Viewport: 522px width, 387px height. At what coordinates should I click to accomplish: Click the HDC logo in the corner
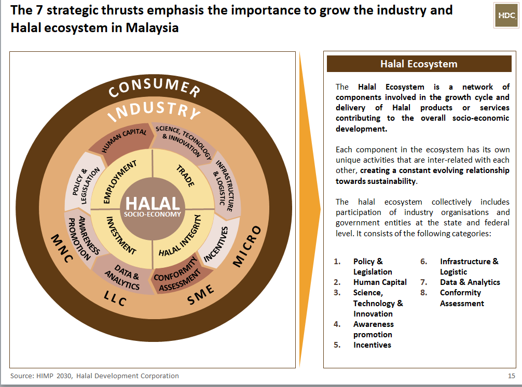(506, 16)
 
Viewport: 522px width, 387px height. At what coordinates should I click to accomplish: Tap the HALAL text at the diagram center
(153, 203)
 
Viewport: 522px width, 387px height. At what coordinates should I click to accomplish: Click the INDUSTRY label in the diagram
(154, 111)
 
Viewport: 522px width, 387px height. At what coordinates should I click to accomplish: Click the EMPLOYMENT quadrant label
(119, 181)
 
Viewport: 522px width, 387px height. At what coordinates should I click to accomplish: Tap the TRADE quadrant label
(185, 176)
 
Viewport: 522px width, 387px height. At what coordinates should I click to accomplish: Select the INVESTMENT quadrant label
(121, 235)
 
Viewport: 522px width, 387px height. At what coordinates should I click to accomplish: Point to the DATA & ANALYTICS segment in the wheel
(122, 277)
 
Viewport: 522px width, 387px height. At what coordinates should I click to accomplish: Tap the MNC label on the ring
(62, 248)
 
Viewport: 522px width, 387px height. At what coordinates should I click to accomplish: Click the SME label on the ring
(200, 294)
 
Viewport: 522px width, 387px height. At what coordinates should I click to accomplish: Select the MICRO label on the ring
(246, 246)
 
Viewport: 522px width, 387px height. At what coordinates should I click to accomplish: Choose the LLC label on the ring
(115, 298)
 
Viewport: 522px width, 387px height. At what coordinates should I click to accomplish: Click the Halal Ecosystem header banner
(419, 64)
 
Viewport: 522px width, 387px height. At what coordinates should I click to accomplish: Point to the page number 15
(511, 376)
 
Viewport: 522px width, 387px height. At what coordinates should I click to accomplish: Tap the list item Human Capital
(380, 282)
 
